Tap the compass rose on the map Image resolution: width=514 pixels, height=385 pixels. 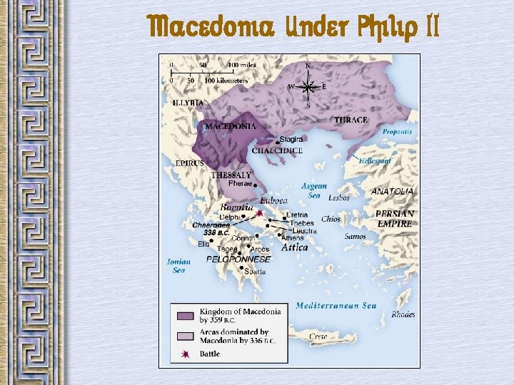pos(308,86)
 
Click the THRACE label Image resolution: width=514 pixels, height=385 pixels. pos(351,120)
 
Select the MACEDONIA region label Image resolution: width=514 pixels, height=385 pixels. pos(230,126)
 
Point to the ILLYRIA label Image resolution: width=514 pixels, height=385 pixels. pos(188,103)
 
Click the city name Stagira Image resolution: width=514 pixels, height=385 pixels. pos(291,139)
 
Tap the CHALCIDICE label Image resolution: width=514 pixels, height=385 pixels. pos(277,150)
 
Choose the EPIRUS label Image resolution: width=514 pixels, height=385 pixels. pos(190,163)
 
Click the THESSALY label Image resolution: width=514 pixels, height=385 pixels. pos(231,175)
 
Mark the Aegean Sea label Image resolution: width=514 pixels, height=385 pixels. pos(314,190)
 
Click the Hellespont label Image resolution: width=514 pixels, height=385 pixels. pos(375,161)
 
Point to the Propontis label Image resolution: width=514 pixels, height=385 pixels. pos(397,132)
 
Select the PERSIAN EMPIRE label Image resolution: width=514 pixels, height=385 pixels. pos(394,219)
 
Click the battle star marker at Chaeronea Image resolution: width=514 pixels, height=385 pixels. pos(260,213)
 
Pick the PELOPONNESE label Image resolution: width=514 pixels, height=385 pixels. pos(238,260)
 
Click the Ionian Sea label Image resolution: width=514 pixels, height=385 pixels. pos(178,266)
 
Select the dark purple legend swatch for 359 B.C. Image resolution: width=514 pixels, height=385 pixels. pos(185,314)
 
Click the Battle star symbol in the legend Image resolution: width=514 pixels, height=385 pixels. pos(185,353)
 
